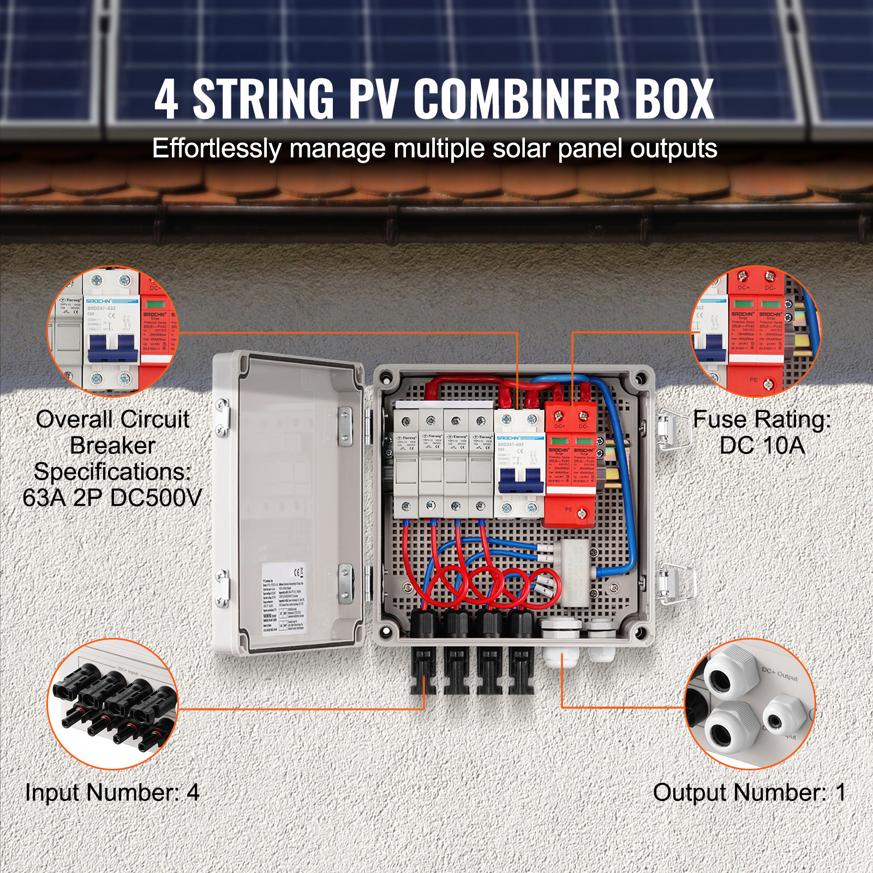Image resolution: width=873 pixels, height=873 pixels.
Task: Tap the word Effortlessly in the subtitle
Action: coord(216,148)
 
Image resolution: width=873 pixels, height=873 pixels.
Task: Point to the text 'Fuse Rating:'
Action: coord(762,420)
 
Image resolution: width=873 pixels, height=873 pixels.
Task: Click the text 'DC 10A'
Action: coord(762,446)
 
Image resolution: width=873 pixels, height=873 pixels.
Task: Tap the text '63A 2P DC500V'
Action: coord(112,498)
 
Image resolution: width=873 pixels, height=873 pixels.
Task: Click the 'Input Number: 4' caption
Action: coord(112,792)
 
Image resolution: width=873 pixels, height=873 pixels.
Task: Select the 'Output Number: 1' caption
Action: coord(749,792)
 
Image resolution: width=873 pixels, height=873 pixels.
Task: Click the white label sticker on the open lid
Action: coord(284,597)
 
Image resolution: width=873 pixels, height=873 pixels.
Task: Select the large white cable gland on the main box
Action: coord(562,644)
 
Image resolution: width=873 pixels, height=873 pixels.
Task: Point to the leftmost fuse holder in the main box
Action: coord(406,464)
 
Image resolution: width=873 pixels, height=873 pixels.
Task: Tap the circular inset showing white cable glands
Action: coord(750,704)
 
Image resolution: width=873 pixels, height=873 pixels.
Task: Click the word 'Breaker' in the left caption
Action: coord(112,446)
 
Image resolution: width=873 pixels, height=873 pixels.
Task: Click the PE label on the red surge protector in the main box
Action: coord(569,510)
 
